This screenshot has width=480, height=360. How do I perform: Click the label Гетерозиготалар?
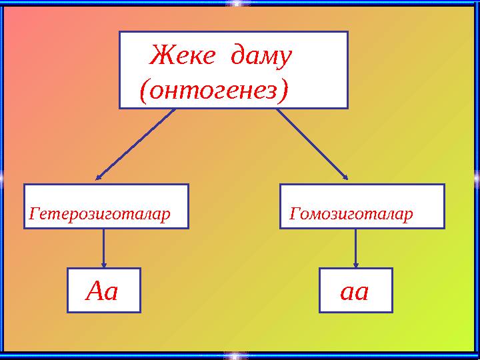click(x=99, y=215)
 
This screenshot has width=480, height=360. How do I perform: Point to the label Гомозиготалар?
click(x=351, y=215)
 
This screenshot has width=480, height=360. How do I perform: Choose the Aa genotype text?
click(x=103, y=291)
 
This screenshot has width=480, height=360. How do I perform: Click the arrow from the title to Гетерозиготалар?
click(x=137, y=143)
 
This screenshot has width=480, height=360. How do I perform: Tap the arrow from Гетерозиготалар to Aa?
click(x=103, y=248)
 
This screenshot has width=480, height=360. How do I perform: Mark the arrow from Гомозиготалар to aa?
click(x=355, y=248)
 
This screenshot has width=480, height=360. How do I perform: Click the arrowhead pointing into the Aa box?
click(x=103, y=265)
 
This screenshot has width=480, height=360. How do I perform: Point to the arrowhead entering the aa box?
click(x=355, y=265)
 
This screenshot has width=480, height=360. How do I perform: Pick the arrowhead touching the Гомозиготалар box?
click(x=345, y=177)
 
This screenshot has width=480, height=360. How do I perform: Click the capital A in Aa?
click(x=95, y=291)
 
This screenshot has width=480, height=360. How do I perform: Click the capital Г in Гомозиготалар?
click(x=295, y=215)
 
